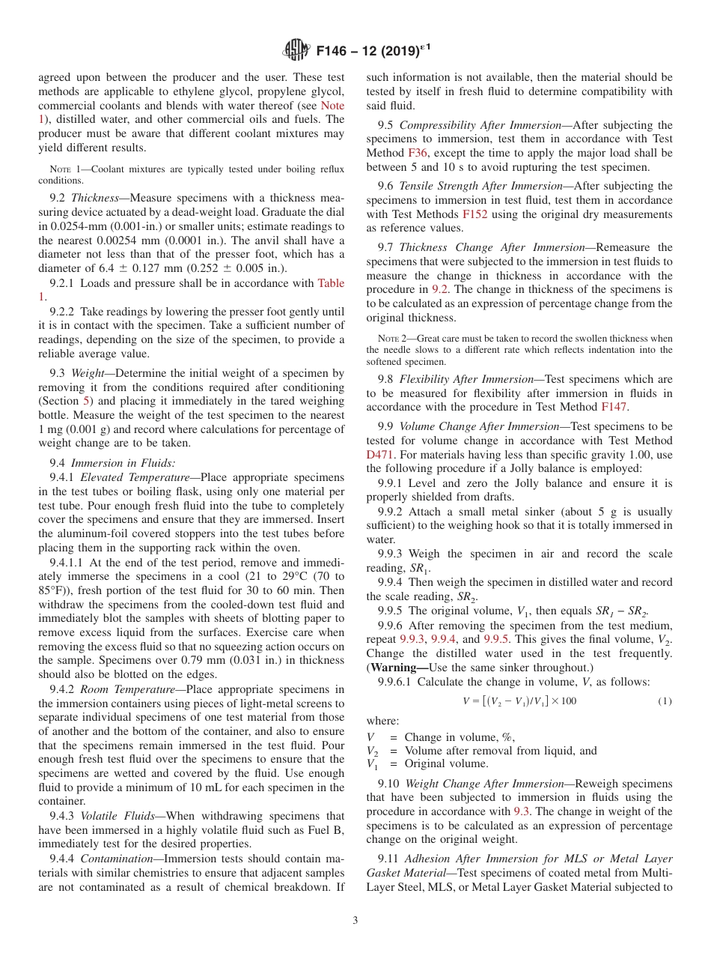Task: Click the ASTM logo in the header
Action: (297, 50)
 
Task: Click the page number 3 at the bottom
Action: (355, 920)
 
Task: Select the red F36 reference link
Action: (418, 154)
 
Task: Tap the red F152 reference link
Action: (475, 214)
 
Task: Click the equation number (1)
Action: (665, 701)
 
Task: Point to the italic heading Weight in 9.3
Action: (89, 372)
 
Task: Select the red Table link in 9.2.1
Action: (332, 283)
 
